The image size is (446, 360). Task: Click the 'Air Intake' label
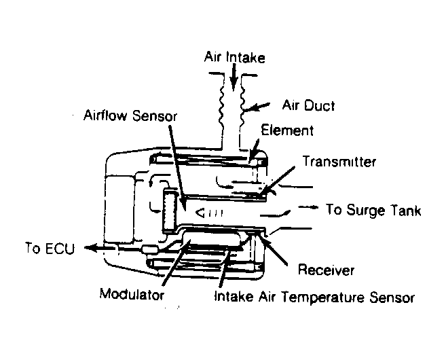coord(235,57)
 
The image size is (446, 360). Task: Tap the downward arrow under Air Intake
coord(234,77)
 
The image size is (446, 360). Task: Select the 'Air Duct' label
coord(308,105)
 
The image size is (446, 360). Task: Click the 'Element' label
coord(287,130)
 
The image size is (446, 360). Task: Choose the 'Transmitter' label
coord(339,162)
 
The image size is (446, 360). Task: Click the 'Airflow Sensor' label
coord(130,115)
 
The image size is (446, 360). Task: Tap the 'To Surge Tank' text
coord(373,210)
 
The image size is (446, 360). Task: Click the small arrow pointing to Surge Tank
coord(308,207)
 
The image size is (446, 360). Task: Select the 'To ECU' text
coord(50,248)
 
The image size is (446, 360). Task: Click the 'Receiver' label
coord(326,270)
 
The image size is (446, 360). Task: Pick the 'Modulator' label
coord(132,293)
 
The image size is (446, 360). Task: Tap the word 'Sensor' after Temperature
coord(392,298)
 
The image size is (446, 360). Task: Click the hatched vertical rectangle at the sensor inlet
coord(170,211)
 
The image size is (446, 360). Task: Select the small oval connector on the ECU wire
coord(149,249)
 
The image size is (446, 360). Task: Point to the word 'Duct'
coord(320,105)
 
